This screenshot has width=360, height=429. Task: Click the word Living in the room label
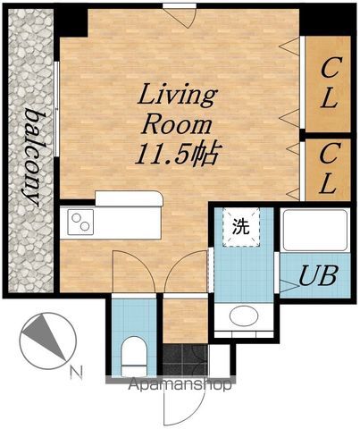coord(177,95)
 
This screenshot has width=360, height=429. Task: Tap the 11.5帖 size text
coord(177,155)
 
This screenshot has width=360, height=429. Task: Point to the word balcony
coord(32,157)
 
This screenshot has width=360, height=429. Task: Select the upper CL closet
coord(328,84)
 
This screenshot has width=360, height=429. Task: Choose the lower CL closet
coord(328,170)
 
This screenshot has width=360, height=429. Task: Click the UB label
coord(318,275)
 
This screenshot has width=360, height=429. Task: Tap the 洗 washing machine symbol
coord(241,227)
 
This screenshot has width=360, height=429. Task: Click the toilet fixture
coord(134,356)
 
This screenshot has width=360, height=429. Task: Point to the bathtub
coord(315,231)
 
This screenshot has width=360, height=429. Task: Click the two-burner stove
coord(80,223)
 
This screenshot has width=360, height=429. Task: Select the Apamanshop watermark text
coord(180,384)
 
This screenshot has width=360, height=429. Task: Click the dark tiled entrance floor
coord(185,360)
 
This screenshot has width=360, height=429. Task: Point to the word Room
coord(177,125)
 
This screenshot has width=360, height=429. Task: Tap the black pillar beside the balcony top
coord(71,21)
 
